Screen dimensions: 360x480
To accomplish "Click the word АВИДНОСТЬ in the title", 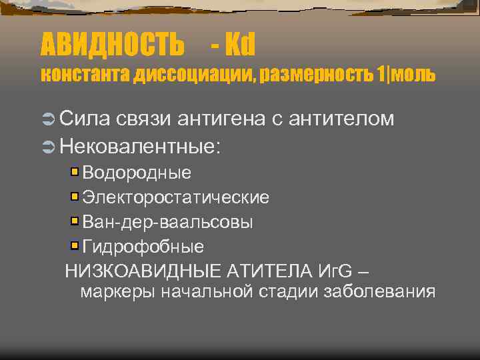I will [112, 45].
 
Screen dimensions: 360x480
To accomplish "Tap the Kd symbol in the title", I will [241, 45].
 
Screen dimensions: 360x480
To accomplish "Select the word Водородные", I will [137, 173].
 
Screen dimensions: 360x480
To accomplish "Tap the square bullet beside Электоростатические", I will [75, 197].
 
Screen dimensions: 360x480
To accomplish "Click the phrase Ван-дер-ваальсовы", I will [167, 221].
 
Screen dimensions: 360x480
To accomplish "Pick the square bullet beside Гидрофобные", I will [75, 246].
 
